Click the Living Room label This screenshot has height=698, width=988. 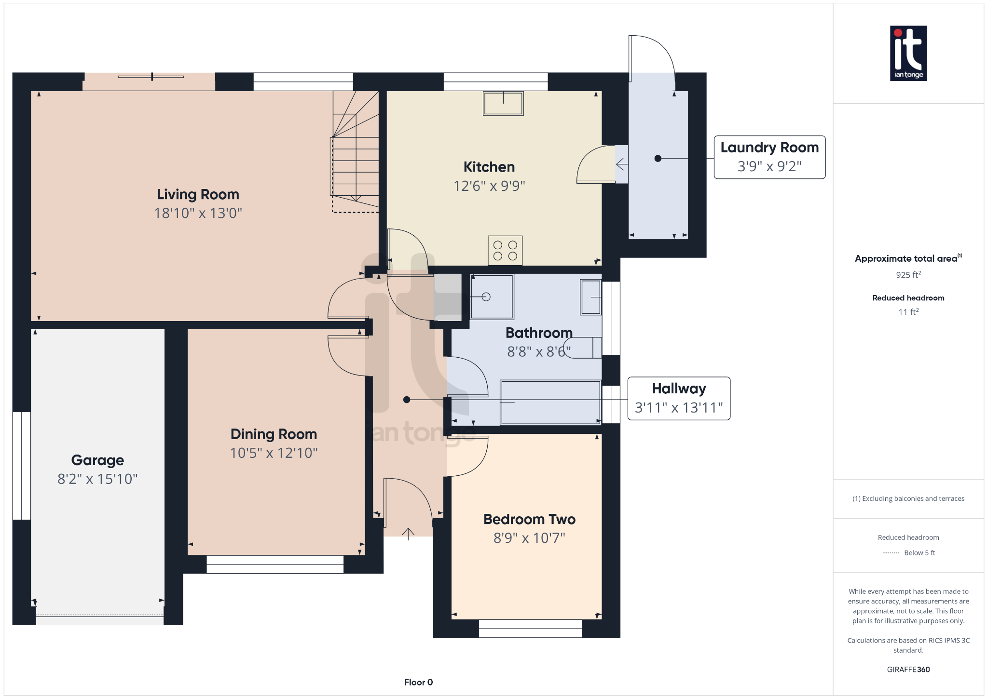click(198, 194)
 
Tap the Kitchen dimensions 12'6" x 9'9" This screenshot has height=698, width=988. click(489, 186)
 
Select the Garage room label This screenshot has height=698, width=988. click(97, 460)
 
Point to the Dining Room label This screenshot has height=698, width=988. click(274, 434)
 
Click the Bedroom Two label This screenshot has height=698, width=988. click(529, 519)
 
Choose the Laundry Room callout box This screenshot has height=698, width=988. click(769, 157)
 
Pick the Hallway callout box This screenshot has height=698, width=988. click(679, 398)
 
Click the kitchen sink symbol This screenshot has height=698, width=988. click(503, 103)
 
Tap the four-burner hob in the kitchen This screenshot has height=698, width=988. click(505, 250)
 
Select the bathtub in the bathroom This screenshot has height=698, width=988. click(550, 403)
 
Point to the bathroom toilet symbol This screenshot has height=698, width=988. click(583, 348)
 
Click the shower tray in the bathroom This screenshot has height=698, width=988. click(492, 297)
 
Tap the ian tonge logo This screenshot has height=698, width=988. click(908, 53)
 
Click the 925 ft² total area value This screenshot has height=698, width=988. click(908, 275)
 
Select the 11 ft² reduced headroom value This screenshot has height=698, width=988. click(908, 312)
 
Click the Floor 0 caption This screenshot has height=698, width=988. click(418, 682)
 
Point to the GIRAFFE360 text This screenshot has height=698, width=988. click(908, 669)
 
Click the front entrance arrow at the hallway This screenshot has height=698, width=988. click(408, 534)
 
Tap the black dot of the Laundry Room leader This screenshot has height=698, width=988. click(658, 159)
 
